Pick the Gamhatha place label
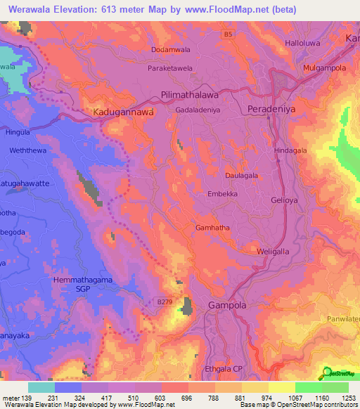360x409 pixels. tap(210, 228)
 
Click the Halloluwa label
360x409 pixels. tap(321, 43)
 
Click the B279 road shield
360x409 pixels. tap(165, 301)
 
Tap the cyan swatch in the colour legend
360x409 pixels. tap(41, 387)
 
